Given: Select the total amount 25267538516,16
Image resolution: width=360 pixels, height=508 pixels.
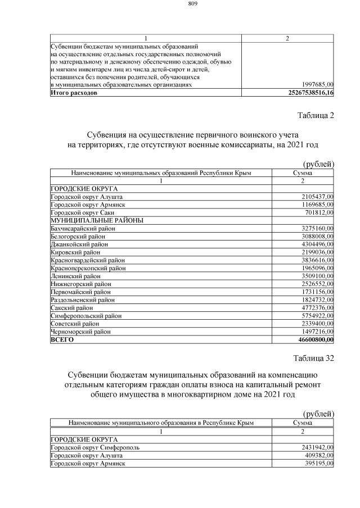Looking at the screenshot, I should tap(307, 92).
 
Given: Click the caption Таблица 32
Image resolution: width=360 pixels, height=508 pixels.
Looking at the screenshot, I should tap(314, 358).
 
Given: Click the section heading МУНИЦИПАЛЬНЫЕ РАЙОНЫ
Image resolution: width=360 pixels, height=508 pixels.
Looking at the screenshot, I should tap(97, 220).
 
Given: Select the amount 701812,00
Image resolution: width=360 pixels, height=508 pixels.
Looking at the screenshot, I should tap(316, 212).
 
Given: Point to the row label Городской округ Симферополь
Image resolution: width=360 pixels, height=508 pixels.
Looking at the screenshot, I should tap(95, 447).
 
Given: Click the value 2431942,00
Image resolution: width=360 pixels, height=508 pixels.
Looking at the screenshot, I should tap(314, 447).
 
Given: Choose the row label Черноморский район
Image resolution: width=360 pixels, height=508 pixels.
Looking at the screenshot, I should tap(81, 332).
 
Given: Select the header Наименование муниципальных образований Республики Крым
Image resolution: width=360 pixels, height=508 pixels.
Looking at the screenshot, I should tap(160, 173).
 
